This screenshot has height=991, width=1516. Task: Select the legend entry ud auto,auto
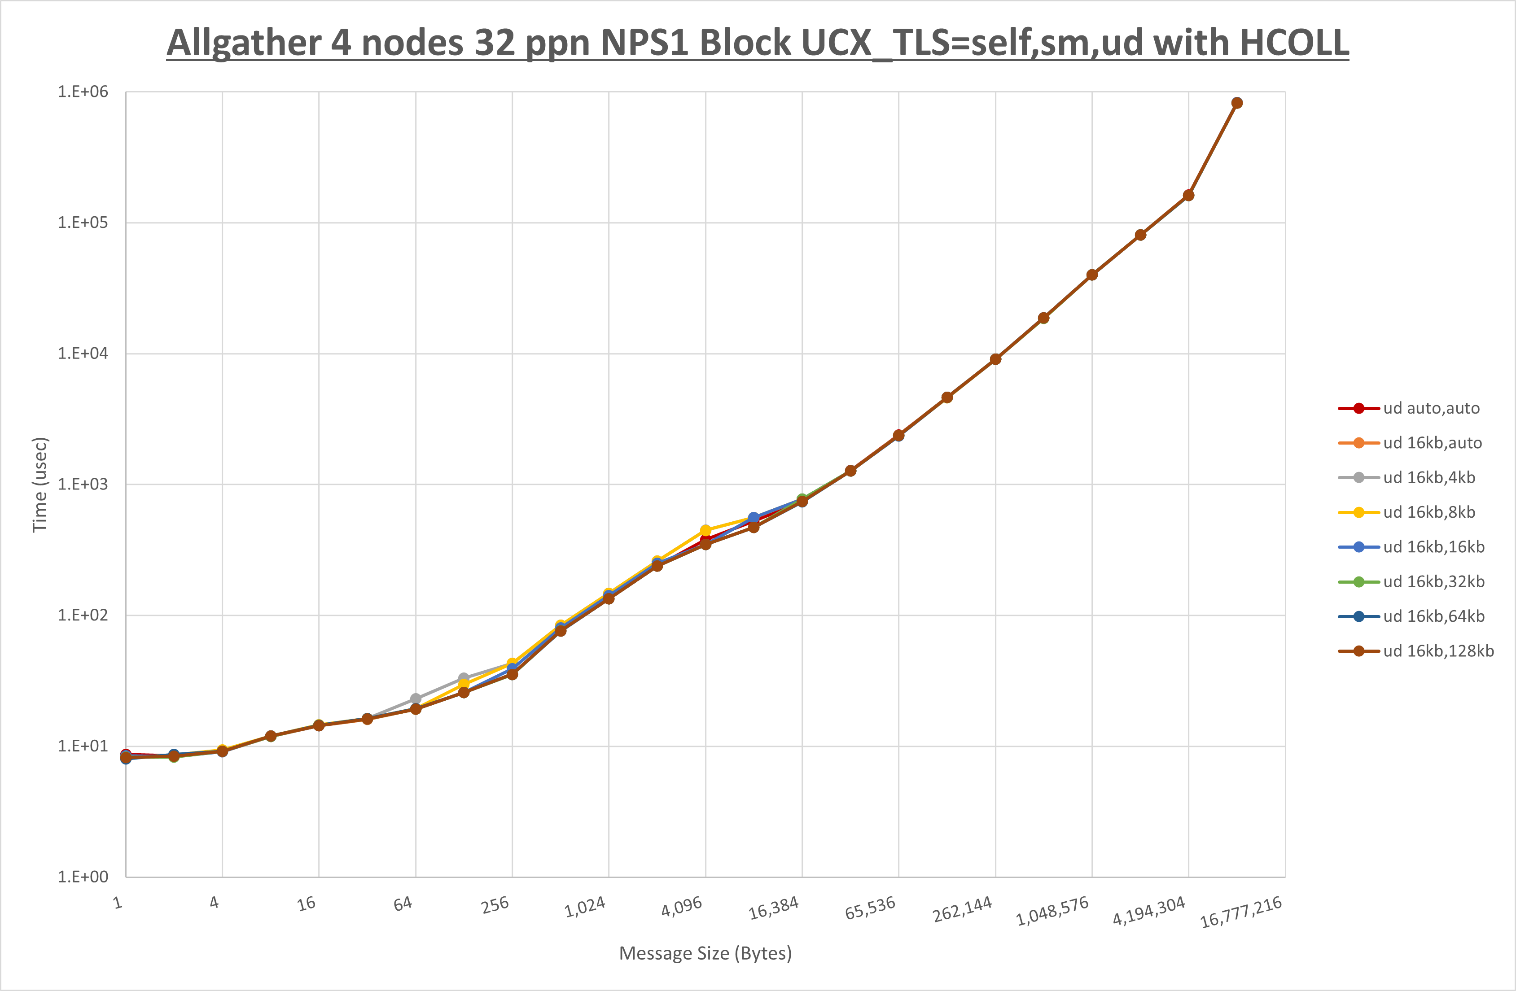tap(1431, 408)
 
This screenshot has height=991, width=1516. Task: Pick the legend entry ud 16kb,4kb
tap(1429, 478)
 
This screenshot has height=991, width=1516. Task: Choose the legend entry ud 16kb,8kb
tap(1429, 512)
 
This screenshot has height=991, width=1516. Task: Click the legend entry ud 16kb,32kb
tap(1433, 581)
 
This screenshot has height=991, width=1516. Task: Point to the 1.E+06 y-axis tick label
tap(83, 92)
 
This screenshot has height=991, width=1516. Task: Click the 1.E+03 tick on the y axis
tap(83, 484)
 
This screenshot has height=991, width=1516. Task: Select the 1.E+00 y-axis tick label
tap(83, 877)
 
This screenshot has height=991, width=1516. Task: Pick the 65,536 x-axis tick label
tap(870, 908)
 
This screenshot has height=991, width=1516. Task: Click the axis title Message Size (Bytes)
tap(705, 953)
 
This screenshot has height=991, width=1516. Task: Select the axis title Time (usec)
tap(40, 484)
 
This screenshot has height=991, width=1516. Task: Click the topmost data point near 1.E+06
tap(1237, 103)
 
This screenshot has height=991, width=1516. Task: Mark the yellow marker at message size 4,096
tap(705, 530)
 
